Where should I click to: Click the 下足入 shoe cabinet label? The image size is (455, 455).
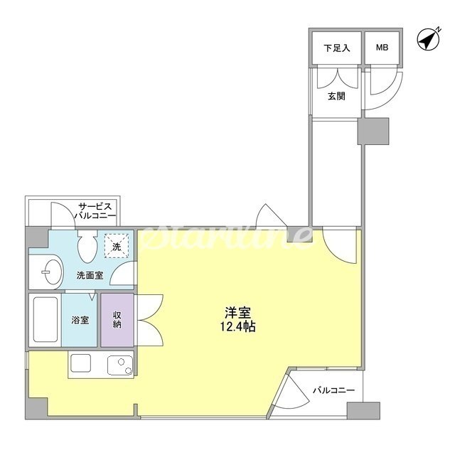(336, 48)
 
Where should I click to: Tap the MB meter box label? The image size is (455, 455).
(382, 48)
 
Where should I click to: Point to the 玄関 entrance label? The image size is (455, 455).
(336, 96)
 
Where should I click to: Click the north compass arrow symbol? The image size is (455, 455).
(429, 39)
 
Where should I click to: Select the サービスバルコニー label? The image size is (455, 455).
(95, 211)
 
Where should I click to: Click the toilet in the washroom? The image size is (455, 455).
(87, 246)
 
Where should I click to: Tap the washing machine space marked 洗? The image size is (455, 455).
(117, 246)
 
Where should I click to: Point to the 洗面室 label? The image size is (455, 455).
(90, 275)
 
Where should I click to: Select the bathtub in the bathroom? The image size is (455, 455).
(45, 319)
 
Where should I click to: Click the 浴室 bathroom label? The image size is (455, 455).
(80, 320)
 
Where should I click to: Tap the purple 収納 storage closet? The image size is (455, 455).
(117, 320)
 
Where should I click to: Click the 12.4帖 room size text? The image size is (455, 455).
(238, 327)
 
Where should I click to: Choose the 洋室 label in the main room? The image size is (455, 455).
(238, 313)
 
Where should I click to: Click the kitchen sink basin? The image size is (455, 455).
(120, 365)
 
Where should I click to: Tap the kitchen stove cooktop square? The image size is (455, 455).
(80, 363)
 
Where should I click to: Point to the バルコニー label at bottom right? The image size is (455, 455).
(333, 390)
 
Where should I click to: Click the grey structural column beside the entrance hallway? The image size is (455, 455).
(373, 131)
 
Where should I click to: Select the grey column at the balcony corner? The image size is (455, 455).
(363, 410)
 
